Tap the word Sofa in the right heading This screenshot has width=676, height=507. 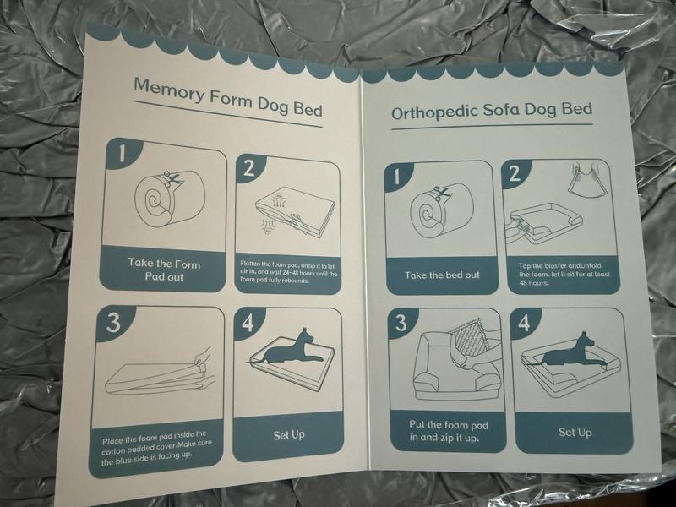[500, 110]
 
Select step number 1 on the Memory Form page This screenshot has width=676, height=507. [123, 153]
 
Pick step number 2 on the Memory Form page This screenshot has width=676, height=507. [249, 168]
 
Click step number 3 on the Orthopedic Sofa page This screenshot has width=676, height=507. [401, 323]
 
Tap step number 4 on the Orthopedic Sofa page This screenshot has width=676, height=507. [524, 323]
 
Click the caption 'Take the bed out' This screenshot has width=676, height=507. [442, 275]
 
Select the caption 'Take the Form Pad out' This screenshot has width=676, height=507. [164, 270]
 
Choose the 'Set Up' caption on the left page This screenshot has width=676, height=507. [289, 435]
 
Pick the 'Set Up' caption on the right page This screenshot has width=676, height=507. [575, 433]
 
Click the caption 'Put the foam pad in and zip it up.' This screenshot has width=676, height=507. [449, 431]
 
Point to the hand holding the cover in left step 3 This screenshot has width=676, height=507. [202, 358]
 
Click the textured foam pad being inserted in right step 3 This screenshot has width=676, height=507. [468, 340]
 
